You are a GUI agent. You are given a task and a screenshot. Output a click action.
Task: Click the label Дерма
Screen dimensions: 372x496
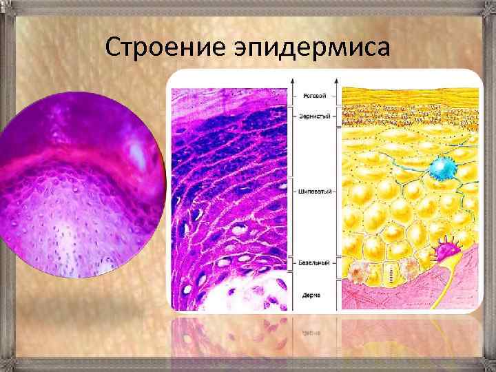311,295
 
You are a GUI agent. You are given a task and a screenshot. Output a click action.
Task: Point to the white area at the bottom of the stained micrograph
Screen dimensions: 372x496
248,293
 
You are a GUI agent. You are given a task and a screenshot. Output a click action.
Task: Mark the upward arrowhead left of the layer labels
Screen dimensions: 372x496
295,81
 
